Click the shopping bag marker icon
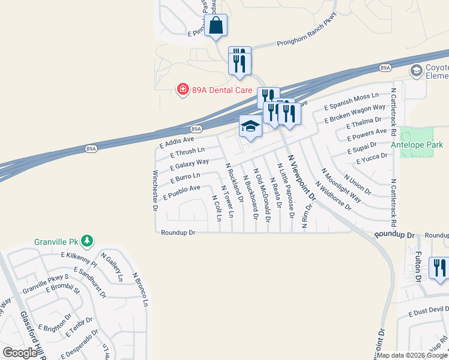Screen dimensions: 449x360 (216, 26)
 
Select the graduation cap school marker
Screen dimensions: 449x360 (250, 127)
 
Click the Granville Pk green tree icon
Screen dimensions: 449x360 (88, 241)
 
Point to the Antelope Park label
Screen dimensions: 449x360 (417, 145)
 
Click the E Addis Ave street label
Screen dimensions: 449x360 (176, 142)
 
